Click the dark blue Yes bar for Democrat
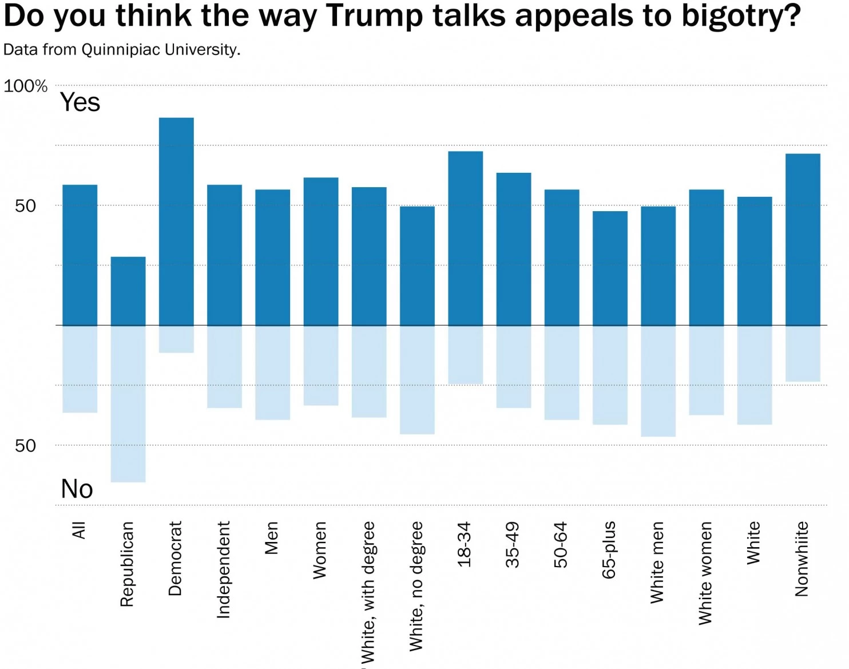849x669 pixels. (176, 221)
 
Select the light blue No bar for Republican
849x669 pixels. (128, 403)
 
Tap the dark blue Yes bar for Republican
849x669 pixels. (128, 291)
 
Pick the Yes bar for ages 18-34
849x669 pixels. (466, 238)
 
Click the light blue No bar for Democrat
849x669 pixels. (176, 339)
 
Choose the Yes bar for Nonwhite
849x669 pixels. (803, 239)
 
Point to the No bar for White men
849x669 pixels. (658, 381)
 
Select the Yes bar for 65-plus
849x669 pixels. (610, 268)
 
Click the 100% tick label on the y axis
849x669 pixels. (25, 86)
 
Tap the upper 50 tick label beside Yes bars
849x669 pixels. (25, 206)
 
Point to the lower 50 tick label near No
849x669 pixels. (25, 446)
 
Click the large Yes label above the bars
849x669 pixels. (80, 102)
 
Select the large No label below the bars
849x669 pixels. (77, 489)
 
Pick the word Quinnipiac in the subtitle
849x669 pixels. (121, 50)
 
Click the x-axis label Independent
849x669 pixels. (224, 569)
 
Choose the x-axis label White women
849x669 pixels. (706, 573)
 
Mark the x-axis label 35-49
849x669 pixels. (513, 544)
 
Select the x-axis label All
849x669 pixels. (79, 530)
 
